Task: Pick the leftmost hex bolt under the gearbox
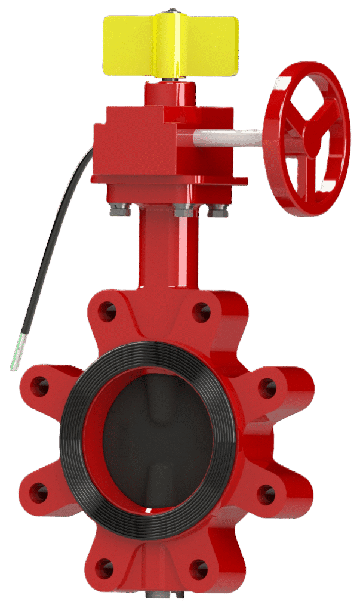(x=116, y=211)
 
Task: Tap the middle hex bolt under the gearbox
(x=181, y=211)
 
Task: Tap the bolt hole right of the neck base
(x=201, y=311)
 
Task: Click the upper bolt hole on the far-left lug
(x=40, y=387)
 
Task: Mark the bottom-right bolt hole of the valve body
(x=199, y=569)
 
